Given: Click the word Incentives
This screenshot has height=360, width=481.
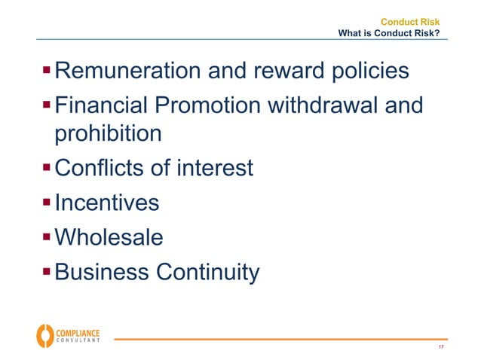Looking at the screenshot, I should tap(107, 203).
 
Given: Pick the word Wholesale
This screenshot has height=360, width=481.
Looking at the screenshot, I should tap(109, 237).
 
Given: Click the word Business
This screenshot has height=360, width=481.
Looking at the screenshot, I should tap(103, 271).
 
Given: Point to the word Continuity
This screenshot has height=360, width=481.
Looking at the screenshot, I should tap(207, 271).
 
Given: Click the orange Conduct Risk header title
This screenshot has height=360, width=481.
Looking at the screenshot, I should tap(409, 22).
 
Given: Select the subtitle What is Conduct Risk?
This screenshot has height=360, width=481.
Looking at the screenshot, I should tap(389, 33).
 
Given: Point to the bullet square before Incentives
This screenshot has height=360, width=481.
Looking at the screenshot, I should tap(47, 201).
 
